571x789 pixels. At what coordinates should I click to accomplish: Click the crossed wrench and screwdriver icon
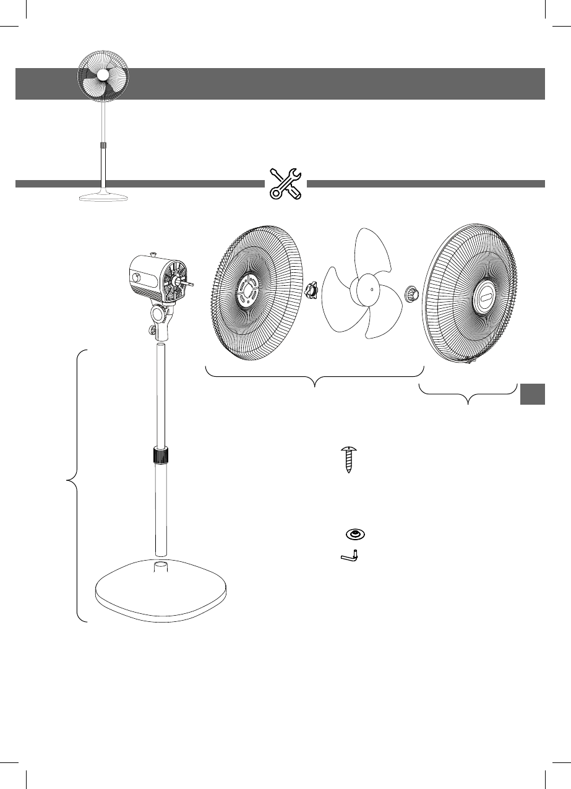tap(286, 183)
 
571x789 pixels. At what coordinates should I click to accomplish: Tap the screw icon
tap(350, 459)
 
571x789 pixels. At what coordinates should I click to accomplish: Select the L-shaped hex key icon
tap(351, 556)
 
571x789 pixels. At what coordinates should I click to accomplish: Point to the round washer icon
tap(354, 534)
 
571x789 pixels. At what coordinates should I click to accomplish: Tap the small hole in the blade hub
tap(370, 287)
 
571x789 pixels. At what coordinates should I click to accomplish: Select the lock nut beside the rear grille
tap(311, 289)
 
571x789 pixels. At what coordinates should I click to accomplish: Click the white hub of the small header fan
tap(103, 75)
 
